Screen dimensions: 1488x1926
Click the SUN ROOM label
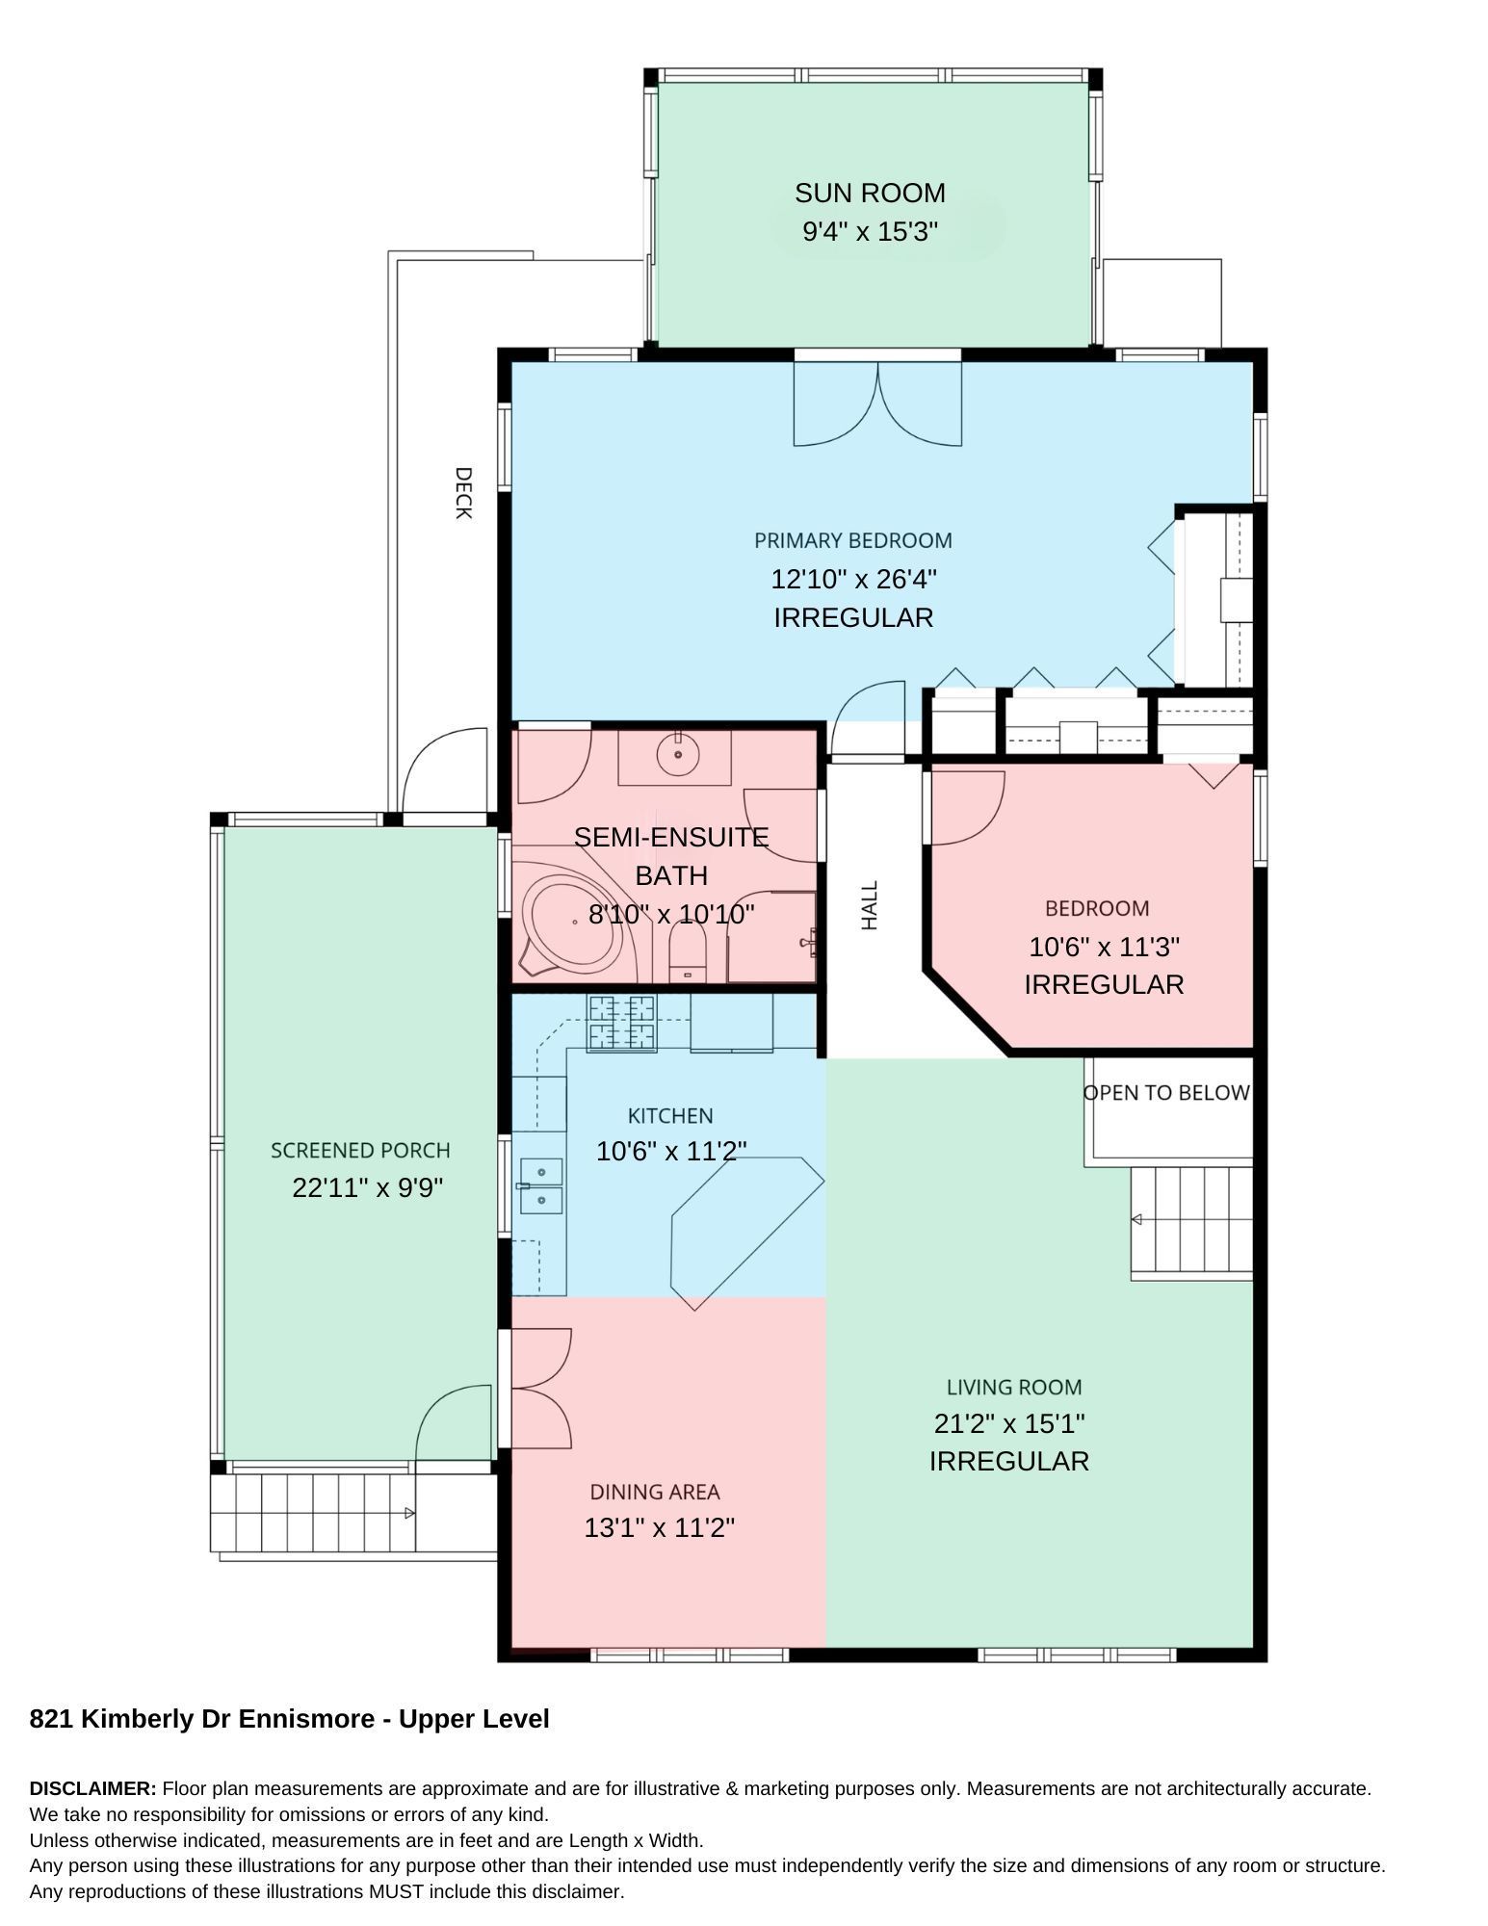pos(870,193)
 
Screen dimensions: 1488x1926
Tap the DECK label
pos(463,493)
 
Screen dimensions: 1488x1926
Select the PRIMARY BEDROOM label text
pos(853,540)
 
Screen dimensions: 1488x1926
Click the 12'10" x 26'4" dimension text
pos(853,579)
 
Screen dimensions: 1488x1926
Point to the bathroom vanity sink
pos(678,754)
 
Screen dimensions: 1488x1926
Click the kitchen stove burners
pos(622,1023)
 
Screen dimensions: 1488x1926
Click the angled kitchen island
pos(746,1232)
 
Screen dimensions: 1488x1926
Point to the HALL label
pos(870,905)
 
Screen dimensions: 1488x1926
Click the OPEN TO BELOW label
pos(1166,1093)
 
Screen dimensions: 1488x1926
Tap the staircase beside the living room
pos(1191,1223)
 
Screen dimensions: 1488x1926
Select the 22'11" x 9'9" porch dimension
pos(368,1187)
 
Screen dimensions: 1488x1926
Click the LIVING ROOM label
pos(1014,1388)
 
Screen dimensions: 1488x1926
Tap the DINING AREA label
pos(655,1492)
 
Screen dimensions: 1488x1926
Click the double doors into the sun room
pos(877,403)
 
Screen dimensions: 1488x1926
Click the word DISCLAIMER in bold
pos(92,1788)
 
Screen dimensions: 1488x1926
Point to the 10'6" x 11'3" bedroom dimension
pos(1104,947)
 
